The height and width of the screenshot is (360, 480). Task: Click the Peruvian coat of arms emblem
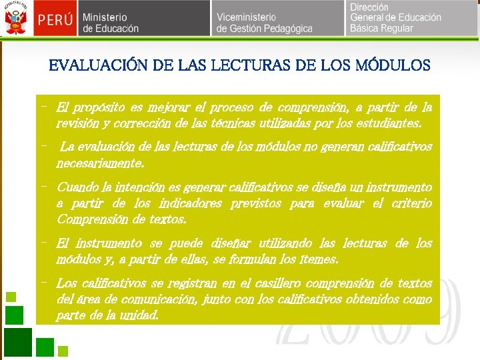(14, 19)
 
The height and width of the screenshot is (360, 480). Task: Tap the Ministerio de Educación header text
(111, 23)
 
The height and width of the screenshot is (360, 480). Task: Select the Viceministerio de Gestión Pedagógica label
(264, 23)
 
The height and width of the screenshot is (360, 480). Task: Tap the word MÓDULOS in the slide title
(393, 65)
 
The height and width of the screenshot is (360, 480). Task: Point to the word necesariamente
(100, 163)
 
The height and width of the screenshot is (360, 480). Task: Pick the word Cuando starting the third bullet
(77, 187)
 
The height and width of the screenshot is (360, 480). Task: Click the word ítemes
(321, 259)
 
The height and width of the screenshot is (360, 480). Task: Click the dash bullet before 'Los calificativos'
(43, 282)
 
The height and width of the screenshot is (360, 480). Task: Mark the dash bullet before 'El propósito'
(43, 106)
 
